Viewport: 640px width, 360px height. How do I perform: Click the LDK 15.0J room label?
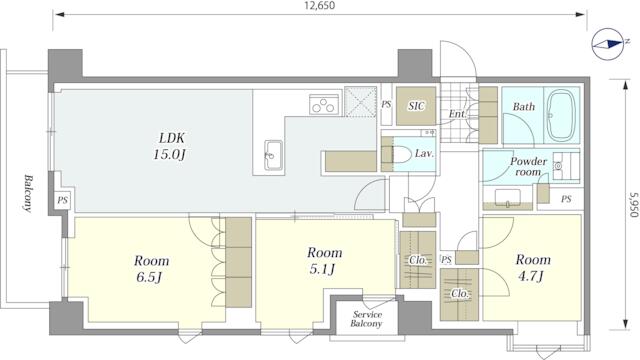point(171,146)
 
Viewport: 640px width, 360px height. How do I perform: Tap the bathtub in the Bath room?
point(562,116)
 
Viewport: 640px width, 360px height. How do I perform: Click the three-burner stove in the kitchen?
point(324,104)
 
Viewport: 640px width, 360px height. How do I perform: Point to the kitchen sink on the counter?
point(273,154)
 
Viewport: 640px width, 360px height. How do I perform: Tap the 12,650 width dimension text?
point(320,5)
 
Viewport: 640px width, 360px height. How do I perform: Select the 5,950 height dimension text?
point(633,205)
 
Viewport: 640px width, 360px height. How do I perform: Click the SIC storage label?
point(416,106)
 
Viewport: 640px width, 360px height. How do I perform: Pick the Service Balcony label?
point(367,319)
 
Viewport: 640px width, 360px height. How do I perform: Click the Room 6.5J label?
point(151,269)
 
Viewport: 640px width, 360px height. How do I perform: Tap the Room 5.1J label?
point(324,260)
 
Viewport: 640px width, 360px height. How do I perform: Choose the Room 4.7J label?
point(533,267)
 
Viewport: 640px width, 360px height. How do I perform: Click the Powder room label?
point(528,167)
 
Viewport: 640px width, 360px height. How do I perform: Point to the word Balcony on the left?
point(28,193)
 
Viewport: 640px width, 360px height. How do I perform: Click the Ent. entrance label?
point(458,113)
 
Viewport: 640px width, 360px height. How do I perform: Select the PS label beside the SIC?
point(386,104)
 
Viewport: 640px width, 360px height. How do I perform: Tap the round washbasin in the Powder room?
point(558,166)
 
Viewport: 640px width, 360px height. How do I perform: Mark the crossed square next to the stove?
point(360,102)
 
